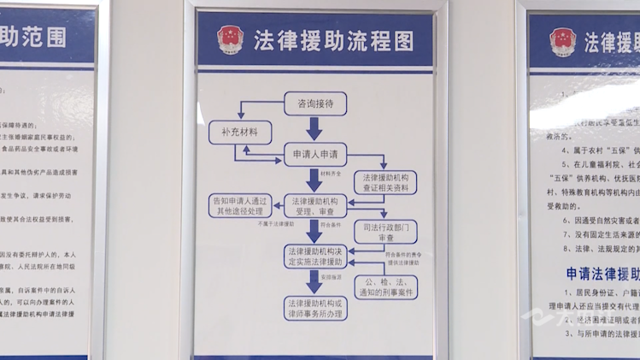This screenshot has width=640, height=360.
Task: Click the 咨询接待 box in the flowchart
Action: point(314,103)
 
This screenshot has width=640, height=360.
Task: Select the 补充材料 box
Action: point(239,133)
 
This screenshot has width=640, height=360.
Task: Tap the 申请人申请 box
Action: point(314,155)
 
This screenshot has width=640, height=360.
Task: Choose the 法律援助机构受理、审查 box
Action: point(314,205)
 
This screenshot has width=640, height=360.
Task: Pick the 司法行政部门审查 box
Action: point(384,233)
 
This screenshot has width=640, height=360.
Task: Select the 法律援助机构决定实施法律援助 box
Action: point(314,256)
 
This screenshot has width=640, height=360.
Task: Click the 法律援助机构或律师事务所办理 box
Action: point(314,308)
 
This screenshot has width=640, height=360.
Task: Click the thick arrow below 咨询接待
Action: point(314,128)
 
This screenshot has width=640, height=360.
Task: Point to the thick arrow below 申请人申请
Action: point(314,180)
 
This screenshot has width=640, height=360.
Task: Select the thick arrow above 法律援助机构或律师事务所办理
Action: point(314,283)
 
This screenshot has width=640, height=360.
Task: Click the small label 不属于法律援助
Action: point(275,223)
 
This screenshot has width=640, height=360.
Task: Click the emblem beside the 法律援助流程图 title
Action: point(229,39)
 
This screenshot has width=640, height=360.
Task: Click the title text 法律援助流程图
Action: point(333,40)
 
